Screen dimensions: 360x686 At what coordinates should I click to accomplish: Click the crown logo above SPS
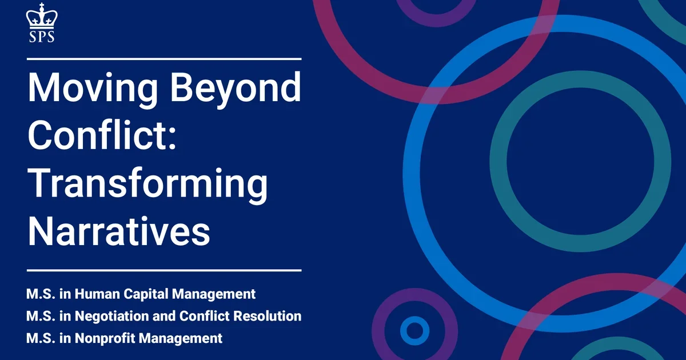point(41,15)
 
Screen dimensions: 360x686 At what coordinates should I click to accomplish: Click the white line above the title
point(163,58)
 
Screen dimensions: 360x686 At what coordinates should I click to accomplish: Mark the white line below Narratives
point(163,270)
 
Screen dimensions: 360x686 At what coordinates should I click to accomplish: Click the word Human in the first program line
point(95,295)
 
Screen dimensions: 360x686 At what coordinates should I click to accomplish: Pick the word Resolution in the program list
point(271,316)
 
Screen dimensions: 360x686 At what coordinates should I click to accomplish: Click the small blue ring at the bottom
point(414,330)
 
